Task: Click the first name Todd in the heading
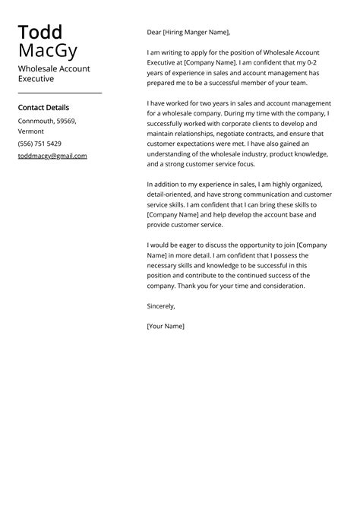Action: point(39,33)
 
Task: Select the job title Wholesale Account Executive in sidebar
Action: point(54,73)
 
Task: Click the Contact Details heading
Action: point(43,108)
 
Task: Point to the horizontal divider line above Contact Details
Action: point(59,93)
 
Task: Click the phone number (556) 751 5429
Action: point(39,144)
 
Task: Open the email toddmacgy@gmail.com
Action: point(52,156)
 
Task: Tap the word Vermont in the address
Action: point(31,131)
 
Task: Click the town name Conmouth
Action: point(34,121)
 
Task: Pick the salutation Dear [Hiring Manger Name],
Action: point(188,33)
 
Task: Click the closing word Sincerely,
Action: point(161,306)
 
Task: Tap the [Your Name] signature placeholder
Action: point(166,326)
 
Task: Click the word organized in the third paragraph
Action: point(306,184)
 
